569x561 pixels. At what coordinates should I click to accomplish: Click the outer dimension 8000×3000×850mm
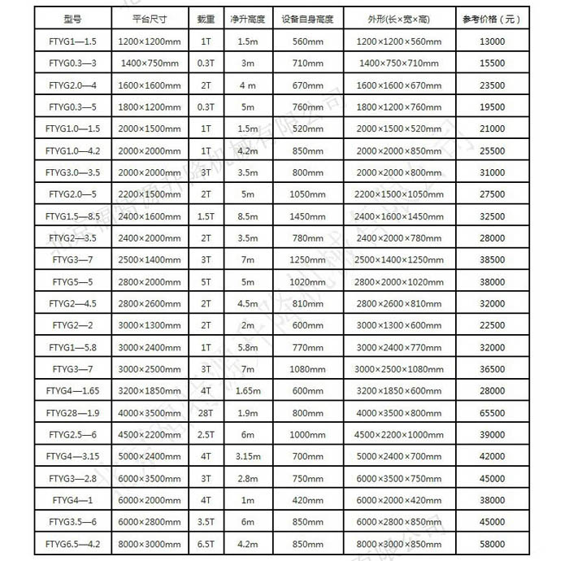tap(398, 544)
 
